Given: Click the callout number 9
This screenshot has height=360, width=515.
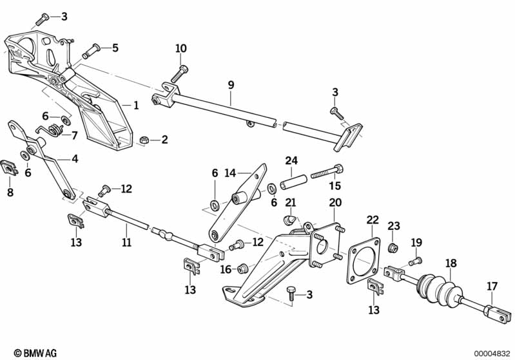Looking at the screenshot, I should (231, 84).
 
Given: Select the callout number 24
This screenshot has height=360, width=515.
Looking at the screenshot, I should (292, 160).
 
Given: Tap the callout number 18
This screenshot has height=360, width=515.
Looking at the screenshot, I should (451, 263).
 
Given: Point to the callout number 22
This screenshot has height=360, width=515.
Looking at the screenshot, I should (373, 220).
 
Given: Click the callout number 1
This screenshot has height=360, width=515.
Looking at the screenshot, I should (136, 105).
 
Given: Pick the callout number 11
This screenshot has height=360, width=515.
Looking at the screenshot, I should (126, 242).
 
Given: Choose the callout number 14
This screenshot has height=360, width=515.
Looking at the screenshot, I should (231, 173).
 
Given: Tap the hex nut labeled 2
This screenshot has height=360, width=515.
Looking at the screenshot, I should (146, 139).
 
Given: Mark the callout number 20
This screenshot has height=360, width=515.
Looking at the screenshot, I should (335, 202).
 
